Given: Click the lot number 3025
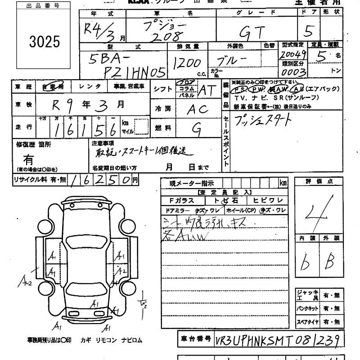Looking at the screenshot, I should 45,42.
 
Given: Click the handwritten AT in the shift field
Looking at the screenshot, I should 207,90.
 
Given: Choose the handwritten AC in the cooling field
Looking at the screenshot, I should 197,109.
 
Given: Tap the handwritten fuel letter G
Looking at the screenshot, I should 197,129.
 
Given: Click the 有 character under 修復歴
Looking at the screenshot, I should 29,159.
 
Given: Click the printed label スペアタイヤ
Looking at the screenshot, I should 307,322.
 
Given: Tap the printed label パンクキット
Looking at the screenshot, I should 307,309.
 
